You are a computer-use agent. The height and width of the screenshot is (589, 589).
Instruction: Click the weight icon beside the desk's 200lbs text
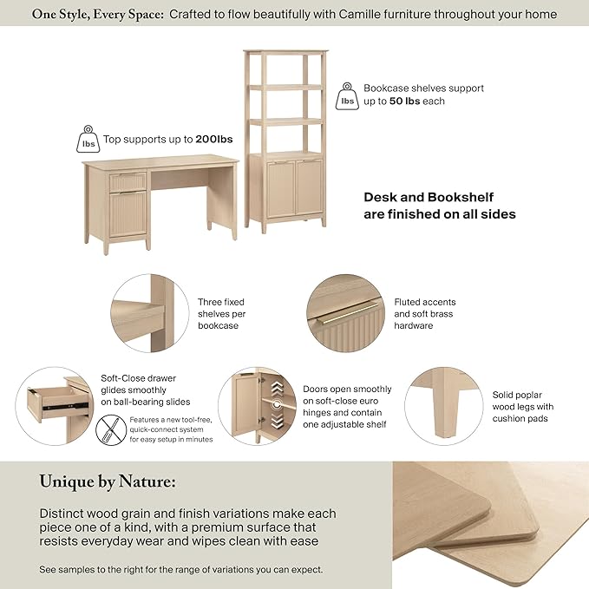tap(88, 139)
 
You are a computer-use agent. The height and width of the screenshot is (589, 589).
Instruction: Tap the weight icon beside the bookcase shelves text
tap(347, 96)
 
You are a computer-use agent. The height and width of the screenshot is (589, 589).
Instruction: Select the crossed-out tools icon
tap(111, 429)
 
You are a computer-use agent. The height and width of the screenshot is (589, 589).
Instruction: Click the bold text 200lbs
tap(214, 140)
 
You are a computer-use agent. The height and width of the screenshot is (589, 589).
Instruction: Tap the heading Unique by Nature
tap(108, 481)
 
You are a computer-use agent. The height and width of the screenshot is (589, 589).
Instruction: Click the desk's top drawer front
tap(128, 182)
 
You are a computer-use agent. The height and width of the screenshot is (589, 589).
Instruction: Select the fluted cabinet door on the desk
tap(128, 213)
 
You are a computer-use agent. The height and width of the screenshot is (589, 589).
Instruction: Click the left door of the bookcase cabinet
tap(281, 189)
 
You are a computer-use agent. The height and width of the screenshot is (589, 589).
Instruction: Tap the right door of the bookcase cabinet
tap(310, 187)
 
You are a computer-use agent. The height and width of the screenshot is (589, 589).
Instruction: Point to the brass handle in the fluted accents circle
tap(348, 312)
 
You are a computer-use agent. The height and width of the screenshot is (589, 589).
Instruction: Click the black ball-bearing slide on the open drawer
tap(66, 407)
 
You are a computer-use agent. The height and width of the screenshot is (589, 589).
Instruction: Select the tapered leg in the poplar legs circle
tap(443, 404)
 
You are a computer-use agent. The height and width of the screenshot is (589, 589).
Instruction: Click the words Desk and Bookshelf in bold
tap(429, 197)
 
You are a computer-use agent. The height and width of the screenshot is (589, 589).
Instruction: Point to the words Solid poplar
tap(517, 396)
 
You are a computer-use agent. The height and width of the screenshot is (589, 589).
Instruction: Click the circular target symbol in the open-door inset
tap(277, 404)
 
